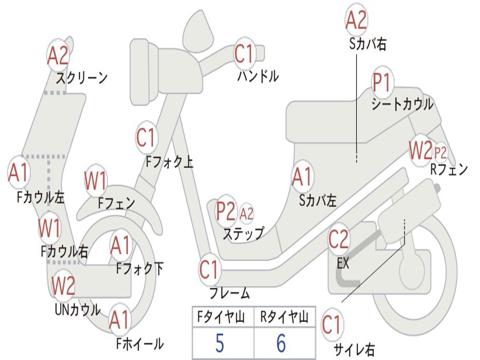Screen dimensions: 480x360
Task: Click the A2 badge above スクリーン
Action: (x=58, y=56)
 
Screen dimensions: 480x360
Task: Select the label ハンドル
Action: (x=258, y=76)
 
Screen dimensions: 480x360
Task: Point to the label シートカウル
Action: (x=402, y=104)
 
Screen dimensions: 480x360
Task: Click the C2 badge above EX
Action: (x=338, y=239)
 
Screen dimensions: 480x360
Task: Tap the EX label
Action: (x=343, y=263)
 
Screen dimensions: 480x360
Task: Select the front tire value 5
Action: (x=220, y=343)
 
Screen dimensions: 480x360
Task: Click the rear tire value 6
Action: (x=281, y=343)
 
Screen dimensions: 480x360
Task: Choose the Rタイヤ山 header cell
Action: (x=285, y=316)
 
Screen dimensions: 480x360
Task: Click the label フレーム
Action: (x=230, y=293)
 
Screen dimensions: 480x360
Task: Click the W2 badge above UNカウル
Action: (x=63, y=285)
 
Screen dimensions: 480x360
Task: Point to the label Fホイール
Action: (x=140, y=344)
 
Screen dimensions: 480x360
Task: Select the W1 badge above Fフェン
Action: (x=96, y=180)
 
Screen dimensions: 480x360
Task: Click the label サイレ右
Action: (x=354, y=349)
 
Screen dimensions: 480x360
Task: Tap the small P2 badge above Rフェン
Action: (x=440, y=152)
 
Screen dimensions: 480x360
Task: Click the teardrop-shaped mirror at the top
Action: (x=198, y=30)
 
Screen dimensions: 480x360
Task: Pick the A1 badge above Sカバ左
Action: (x=302, y=177)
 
